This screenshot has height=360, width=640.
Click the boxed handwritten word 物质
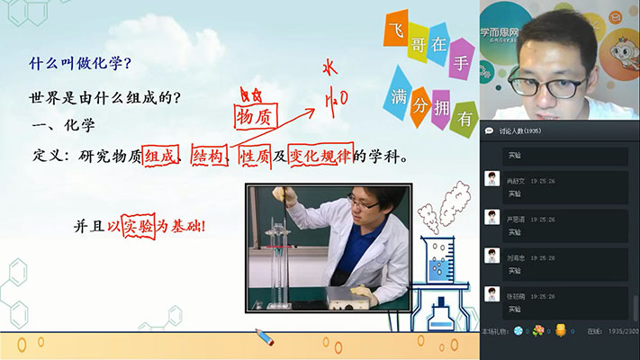click(253, 117)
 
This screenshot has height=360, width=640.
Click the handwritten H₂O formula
click(335, 96)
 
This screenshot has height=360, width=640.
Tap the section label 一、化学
click(63, 125)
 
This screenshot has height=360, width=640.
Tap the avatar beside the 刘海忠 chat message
click(491, 256)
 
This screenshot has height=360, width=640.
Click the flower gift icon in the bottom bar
click(538, 330)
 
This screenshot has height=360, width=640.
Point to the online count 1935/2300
click(618, 331)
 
